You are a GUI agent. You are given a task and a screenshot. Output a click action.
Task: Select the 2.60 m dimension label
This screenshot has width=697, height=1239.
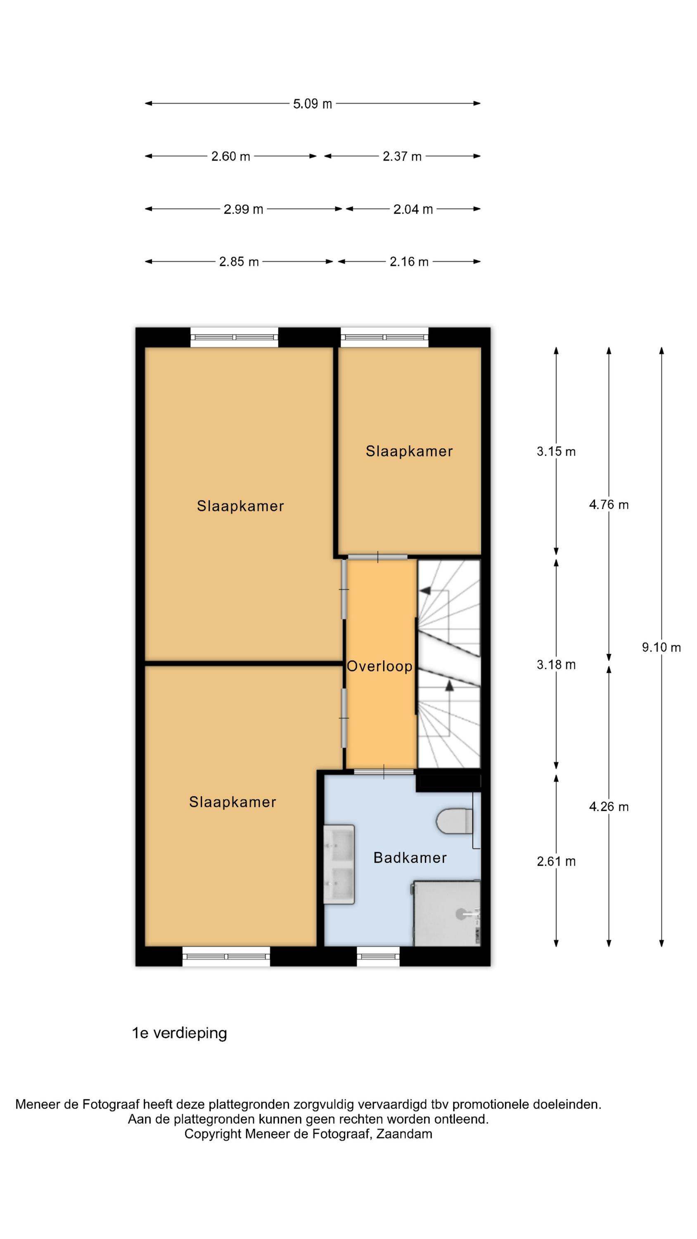click(x=230, y=156)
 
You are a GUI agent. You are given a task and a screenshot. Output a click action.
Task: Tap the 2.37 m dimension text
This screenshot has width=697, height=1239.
click(x=402, y=156)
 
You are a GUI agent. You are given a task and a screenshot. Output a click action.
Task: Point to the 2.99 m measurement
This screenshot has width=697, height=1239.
click(x=243, y=209)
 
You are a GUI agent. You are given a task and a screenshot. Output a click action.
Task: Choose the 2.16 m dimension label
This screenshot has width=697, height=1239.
click(x=408, y=262)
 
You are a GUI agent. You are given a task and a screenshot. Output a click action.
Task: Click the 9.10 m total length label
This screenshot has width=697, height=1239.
click(x=661, y=648)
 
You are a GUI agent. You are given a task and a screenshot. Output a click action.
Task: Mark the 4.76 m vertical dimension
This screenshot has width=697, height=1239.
click(x=609, y=505)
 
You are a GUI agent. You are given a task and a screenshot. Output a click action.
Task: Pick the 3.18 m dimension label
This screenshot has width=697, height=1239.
click(x=556, y=665)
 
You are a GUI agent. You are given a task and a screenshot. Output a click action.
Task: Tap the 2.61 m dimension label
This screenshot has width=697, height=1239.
click(x=556, y=862)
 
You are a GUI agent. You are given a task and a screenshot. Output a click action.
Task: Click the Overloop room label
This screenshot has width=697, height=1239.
click(x=379, y=667)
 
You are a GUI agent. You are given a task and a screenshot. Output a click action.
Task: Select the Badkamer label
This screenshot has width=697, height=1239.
click(x=410, y=857)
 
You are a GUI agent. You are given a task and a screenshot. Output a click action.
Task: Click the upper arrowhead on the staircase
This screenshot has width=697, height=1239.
click(x=425, y=590)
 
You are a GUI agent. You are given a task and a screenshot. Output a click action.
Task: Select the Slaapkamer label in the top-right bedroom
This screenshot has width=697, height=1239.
click(x=409, y=451)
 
